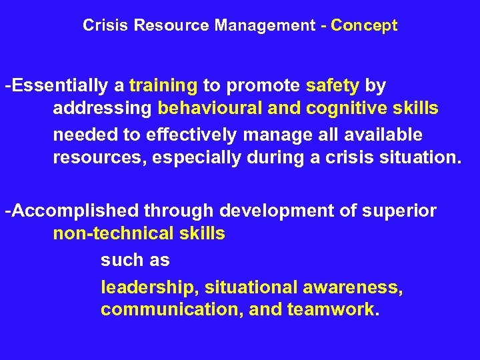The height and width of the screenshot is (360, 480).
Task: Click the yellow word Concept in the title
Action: (x=364, y=26)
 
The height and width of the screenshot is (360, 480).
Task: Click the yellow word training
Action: (x=163, y=87)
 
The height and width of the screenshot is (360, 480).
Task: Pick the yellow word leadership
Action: (x=150, y=288)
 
